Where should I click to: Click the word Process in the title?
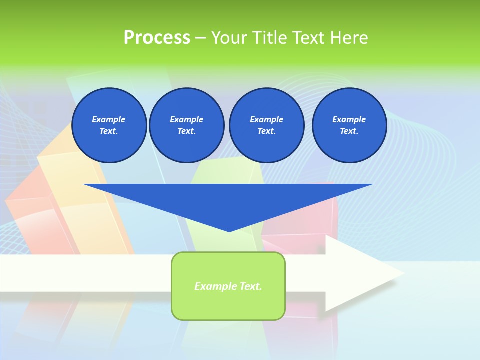pyautogui.click(x=157, y=37)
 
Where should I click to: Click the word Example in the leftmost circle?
pyautogui.click(x=109, y=119)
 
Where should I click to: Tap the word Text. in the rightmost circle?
pyautogui.click(x=349, y=131)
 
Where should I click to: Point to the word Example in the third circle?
pyautogui.click(x=266, y=119)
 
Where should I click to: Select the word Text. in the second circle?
pyautogui.click(x=186, y=131)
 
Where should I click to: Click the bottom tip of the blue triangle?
pyautogui.click(x=229, y=230)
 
